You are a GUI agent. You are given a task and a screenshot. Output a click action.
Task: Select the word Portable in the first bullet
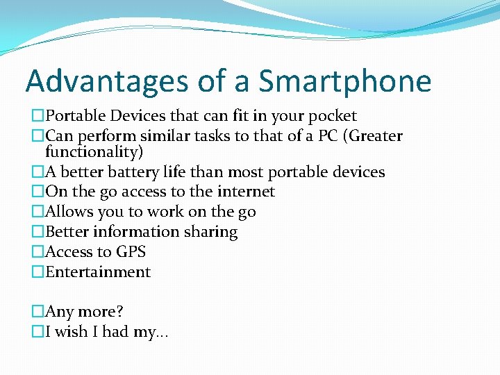coord(74,116)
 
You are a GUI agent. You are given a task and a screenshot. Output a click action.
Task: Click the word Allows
coord(69,212)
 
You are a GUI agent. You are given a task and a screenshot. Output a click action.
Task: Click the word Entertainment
coord(98,272)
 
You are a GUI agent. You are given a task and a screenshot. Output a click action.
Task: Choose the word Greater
coord(375,136)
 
